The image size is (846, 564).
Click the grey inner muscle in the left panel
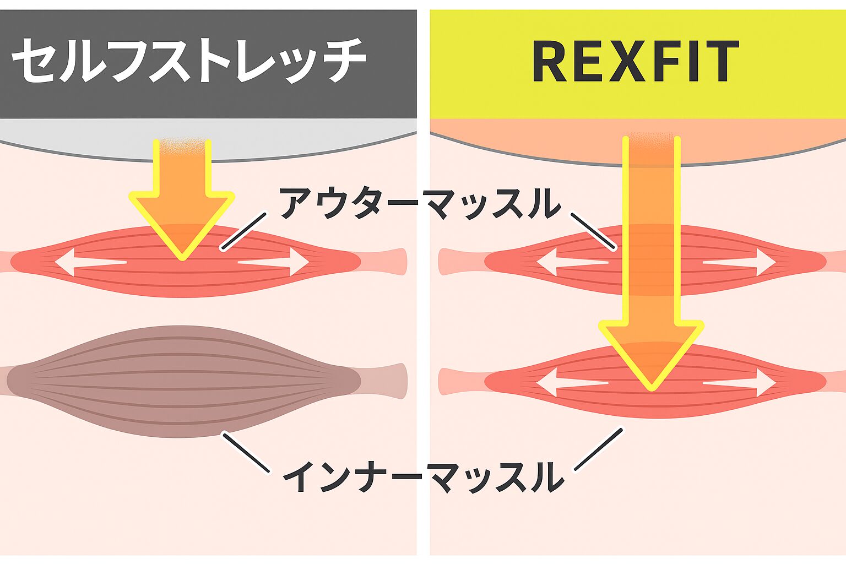point(182,380)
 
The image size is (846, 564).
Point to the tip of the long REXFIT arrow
point(651,387)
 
